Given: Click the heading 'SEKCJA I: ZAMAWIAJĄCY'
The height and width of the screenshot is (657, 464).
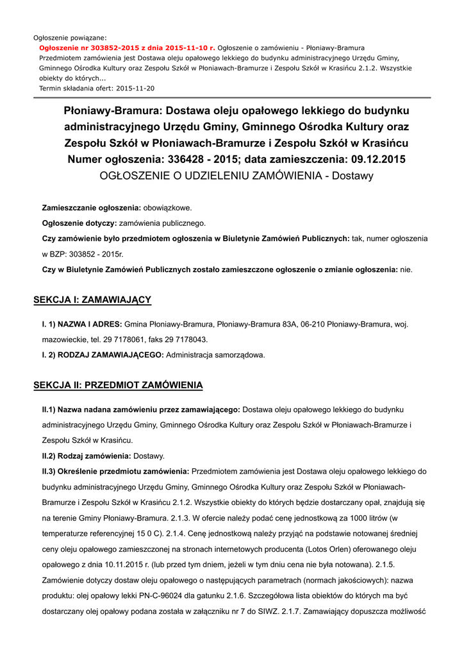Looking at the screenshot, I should click(x=92, y=300).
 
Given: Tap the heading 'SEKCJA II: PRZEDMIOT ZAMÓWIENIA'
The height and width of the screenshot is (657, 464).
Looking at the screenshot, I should click(x=118, y=385).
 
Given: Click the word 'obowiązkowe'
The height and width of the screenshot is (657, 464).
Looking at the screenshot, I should click(x=167, y=209).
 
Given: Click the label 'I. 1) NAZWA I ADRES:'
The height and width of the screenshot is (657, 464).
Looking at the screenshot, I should click(x=82, y=325).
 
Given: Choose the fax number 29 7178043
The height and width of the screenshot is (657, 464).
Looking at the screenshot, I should click(x=186, y=339).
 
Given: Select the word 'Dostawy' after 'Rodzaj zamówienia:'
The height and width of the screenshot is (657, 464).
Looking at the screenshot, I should click(x=149, y=456).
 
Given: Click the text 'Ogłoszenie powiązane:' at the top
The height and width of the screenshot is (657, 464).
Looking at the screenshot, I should click(x=70, y=38).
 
